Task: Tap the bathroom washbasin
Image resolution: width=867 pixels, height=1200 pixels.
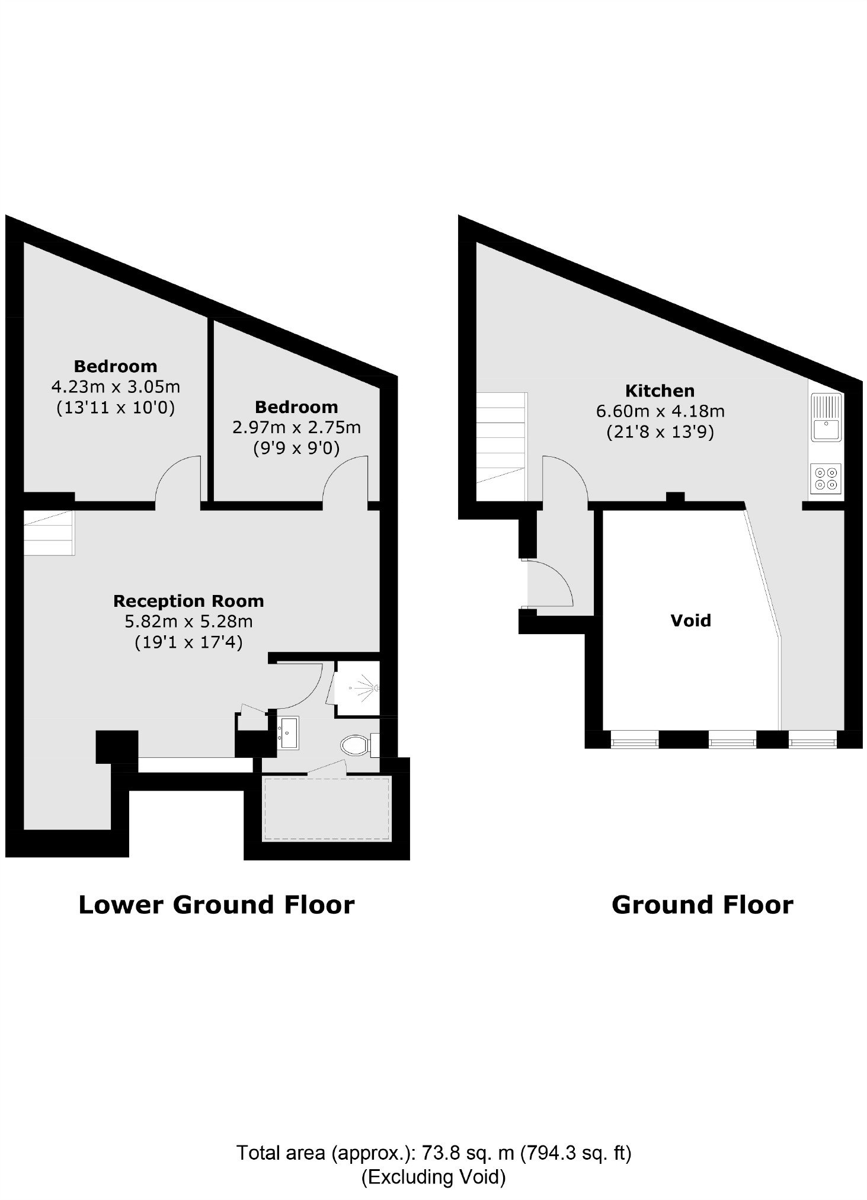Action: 289,732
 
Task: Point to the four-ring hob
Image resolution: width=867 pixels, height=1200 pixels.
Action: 826,478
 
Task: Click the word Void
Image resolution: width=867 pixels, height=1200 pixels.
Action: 690,620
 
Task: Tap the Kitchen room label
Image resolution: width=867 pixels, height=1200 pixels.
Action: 660,391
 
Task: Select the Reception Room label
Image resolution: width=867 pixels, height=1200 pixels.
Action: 188,601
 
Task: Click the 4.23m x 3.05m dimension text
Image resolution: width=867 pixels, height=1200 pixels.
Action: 116,387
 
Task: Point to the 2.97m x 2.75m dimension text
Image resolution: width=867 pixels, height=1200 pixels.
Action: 296,427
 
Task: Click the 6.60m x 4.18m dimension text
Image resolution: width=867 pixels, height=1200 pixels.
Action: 660,411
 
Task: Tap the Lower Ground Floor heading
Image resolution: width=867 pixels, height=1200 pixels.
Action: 216,905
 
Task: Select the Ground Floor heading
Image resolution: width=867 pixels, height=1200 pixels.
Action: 702,905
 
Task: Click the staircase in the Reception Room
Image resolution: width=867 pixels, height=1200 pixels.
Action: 49,533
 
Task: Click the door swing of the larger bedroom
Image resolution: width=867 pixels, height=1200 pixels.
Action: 177,478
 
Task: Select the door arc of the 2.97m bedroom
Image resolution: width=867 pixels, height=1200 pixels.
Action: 345,478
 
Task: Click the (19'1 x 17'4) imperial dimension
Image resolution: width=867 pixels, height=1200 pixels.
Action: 188,642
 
